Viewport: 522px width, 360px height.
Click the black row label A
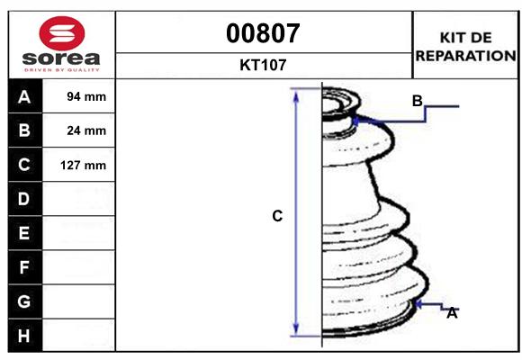pyautogui.click(x=24, y=96)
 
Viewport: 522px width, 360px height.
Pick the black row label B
pyautogui.click(x=24, y=130)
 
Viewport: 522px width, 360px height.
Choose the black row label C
pyautogui.click(x=24, y=165)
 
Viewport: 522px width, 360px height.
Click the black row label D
pyautogui.click(x=24, y=198)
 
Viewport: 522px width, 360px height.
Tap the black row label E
pyautogui.click(x=24, y=232)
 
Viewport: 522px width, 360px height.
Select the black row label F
pyautogui.click(x=24, y=266)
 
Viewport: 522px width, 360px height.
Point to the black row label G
pyautogui.click(x=24, y=301)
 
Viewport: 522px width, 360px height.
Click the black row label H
pyautogui.click(x=24, y=335)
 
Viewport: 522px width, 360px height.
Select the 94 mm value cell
pyautogui.click(x=86, y=96)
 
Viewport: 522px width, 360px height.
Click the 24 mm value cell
pyautogui.click(x=86, y=130)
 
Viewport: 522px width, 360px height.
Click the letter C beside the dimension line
pyautogui.click(x=277, y=216)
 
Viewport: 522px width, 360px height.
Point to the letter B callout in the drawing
pyautogui.click(x=417, y=101)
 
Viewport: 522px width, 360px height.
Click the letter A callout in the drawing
pyautogui.click(x=453, y=313)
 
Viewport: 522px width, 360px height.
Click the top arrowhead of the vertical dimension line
pyautogui.click(x=296, y=94)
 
